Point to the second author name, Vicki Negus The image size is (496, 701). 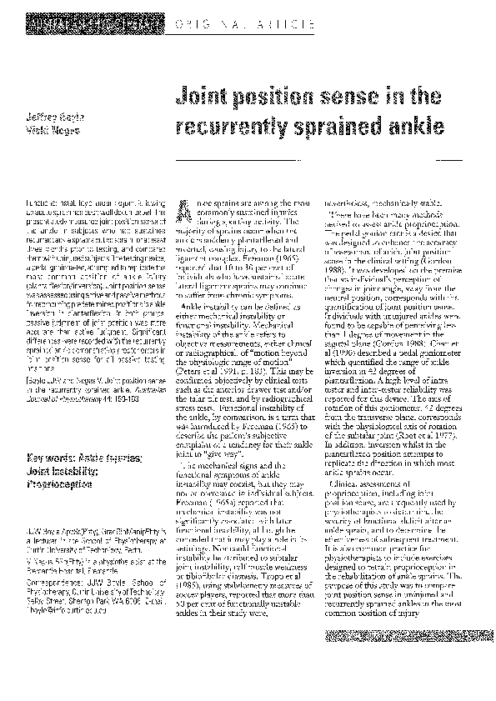point(44,131)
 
